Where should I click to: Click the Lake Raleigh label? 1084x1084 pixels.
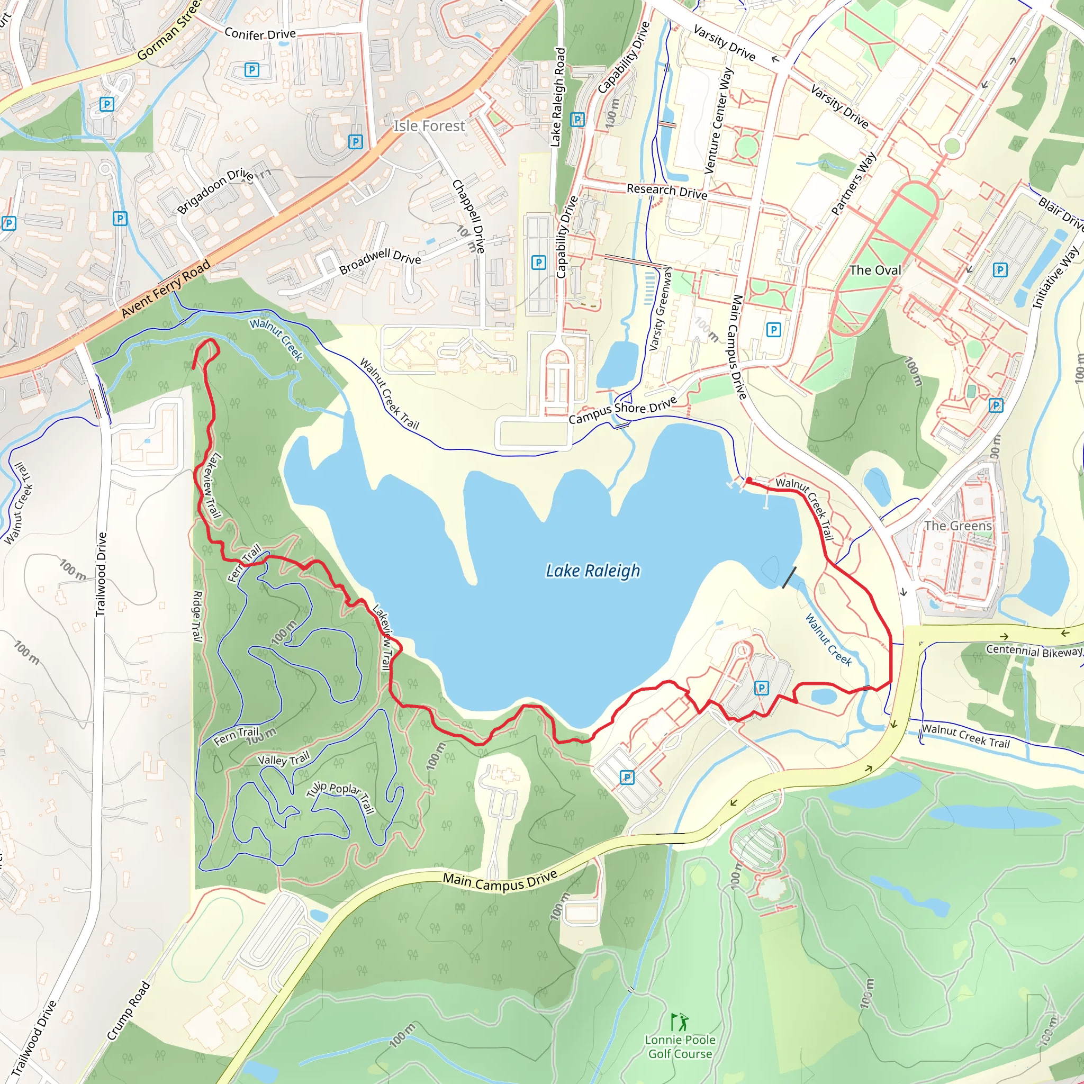pos(592,571)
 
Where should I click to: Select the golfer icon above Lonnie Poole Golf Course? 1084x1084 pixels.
pos(680,1021)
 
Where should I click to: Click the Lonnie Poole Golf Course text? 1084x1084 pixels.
pos(680,1046)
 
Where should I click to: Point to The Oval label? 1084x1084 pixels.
pos(875,270)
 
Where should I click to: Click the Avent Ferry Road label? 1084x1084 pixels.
pos(166,288)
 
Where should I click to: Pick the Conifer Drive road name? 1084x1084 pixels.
pos(260,34)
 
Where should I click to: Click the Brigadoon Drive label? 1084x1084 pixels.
pos(215,190)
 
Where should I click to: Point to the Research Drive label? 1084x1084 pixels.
pos(666,191)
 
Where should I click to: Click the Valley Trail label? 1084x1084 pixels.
pos(283,760)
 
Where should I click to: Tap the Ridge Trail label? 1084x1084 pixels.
pos(197,616)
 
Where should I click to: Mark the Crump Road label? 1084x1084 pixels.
pos(129,1010)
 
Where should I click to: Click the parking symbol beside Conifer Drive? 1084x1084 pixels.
pos(252,70)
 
